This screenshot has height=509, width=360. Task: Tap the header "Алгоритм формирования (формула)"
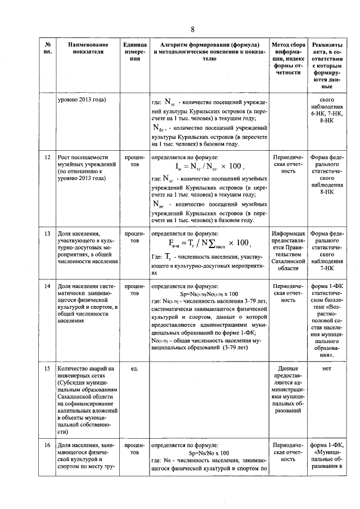click(209, 44)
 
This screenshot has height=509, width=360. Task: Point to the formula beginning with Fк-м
click(209, 243)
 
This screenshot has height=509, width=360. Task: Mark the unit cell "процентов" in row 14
click(134, 290)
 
